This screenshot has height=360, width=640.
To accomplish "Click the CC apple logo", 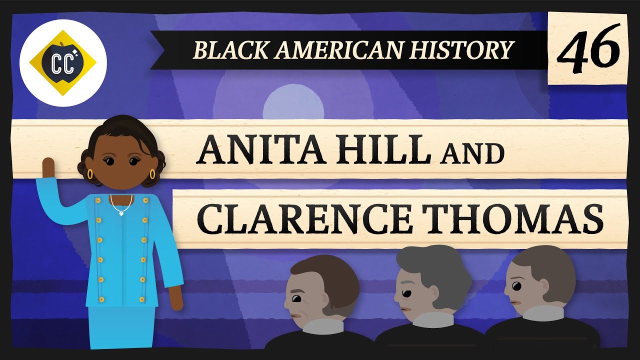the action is tap(63, 63).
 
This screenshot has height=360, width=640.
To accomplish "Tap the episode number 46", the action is tap(588, 49).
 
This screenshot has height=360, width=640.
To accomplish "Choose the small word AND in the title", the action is tap(472, 153).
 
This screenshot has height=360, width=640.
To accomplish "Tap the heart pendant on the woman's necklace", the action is tap(121, 213).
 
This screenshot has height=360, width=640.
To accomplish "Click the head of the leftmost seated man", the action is tap(320, 289).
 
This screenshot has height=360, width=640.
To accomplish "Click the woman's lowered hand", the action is tap(174, 298).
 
